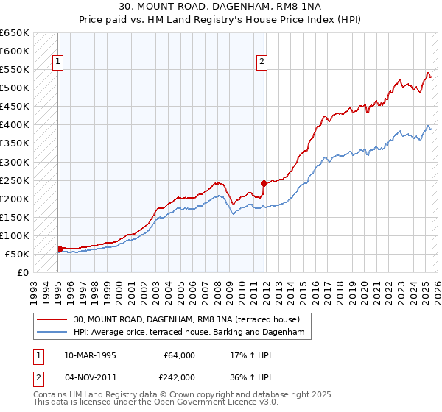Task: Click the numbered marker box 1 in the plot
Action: (58, 63)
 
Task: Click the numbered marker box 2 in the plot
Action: (262, 63)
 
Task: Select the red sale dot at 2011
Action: (264, 182)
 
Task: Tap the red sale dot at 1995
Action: (60, 249)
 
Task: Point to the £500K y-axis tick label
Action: (14, 88)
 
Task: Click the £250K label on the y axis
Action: (14, 180)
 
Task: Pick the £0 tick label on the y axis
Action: (22, 272)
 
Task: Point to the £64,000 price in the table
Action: (179, 355)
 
